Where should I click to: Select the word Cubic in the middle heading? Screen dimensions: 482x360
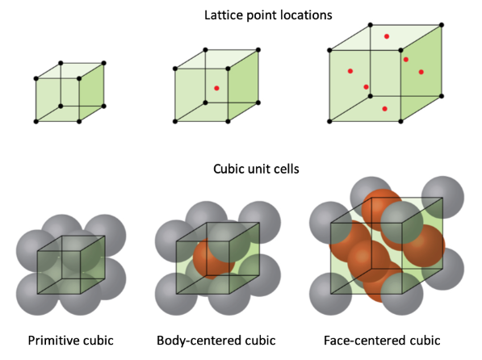[x=227, y=169]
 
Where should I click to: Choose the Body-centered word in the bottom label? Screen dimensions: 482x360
[x=199, y=341]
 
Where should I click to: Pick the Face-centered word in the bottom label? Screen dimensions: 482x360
[x=363, y=341]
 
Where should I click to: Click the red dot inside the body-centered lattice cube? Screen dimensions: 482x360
[x=216, y=88]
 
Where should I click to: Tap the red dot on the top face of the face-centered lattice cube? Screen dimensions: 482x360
[x=387, y=36]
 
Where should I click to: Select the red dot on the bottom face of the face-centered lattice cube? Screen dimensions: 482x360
[x=384, y=109]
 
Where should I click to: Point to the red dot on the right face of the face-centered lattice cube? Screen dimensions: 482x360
[x=421, y=72]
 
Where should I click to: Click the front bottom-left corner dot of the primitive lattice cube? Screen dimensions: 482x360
[x=36, y=121]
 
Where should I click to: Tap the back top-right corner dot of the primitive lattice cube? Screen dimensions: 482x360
[x=104, y=63]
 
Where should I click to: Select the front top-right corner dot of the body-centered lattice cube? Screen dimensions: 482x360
[x=228, y=69]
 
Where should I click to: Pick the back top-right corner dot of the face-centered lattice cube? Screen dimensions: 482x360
[x=442, y=25]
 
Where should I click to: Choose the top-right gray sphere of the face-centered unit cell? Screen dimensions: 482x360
[x=442, y=198]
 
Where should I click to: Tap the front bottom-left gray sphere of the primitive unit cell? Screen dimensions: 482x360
[x=37, y=294]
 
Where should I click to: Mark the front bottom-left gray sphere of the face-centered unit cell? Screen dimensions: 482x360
[x=330, y=294]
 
